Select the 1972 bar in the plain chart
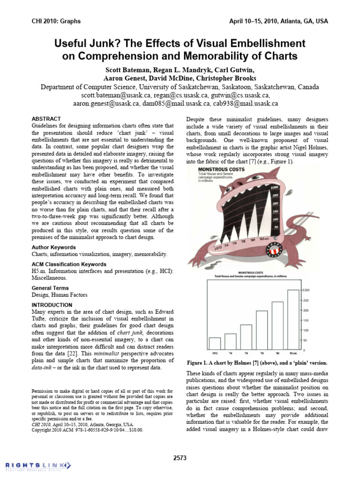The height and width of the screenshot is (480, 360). (215, 344)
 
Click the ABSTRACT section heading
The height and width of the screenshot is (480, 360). (46, 119)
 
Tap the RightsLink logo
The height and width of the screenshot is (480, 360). (37, 465)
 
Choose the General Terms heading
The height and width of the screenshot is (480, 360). (50, 288)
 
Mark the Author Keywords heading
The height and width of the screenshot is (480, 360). (53, 247)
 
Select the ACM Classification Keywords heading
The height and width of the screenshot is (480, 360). (69, 264)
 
